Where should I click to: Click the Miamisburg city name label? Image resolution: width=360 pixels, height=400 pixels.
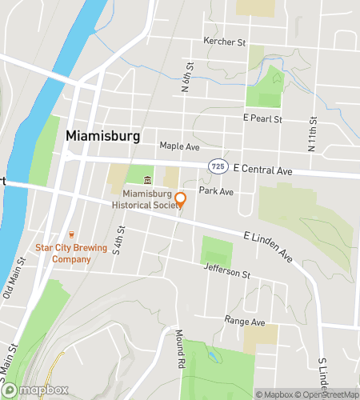click(x=102, y=137)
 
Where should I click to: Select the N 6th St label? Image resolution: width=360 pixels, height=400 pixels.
click(x=189, y=78)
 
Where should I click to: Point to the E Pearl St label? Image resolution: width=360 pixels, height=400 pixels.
click(x=263, y=118)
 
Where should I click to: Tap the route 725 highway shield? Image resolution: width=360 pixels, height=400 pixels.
click(x=218, y=165)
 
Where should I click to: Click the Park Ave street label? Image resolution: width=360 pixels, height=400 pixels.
click(x=216, y=192)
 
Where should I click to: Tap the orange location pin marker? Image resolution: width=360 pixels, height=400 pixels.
click(x=181, y=199)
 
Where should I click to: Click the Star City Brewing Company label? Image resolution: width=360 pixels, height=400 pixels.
click(x=70, y=254)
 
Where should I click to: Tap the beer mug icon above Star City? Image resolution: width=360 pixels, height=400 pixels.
click(x=71, y=234)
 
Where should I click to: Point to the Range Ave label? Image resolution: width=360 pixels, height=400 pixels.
click(x=244, y=321)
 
